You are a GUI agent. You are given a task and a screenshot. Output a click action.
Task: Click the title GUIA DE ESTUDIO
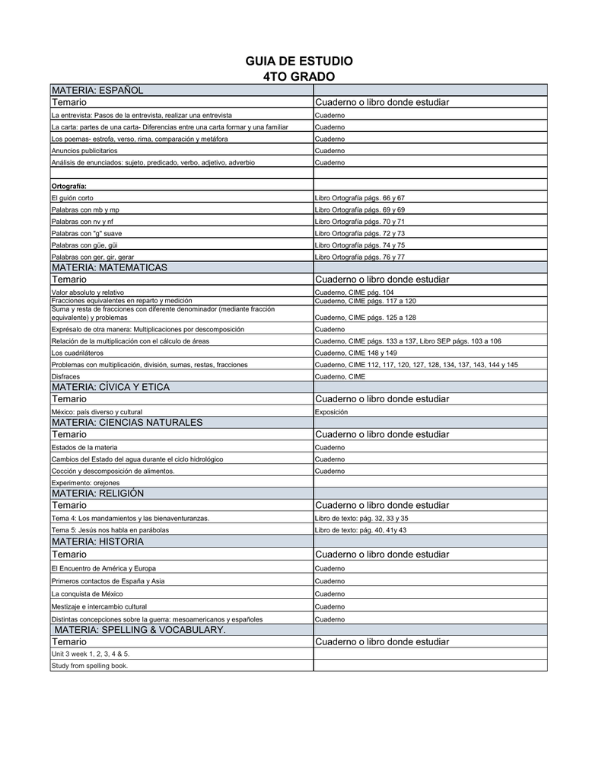pyautogui.click(x=298, y=61)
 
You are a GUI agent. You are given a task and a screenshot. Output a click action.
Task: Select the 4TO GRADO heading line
pyautogui.click(x=298, y=77)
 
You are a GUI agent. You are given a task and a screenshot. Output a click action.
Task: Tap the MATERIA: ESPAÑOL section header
pyautogui.click(x=97, y=91)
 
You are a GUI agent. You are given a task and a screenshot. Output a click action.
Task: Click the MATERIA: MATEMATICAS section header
pyautogui.click(x=109, y=267)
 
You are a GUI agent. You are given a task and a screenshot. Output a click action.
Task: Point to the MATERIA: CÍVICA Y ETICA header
pyautogui.click(x=110, y=387)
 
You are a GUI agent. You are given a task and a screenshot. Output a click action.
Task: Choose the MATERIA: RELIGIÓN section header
pyautogui.click(x=97, y=494)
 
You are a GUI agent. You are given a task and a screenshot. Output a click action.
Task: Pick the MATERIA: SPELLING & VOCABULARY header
pyautogui.click(x=140, y=630)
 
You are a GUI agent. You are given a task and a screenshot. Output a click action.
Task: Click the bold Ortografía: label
pyautogui.click(x=68, y=186)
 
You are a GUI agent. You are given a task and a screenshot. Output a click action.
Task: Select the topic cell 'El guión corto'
pyautogui.click(x=72, y=198)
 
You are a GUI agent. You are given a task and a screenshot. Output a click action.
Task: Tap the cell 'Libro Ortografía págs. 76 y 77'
pyautogui.click(x=359, y=257)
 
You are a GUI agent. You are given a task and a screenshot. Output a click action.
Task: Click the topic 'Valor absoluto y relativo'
pyautogui.click(x=88, y=292)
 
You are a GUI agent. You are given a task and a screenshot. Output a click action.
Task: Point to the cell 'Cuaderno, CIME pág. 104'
pyautogui.click(x=354, y=292)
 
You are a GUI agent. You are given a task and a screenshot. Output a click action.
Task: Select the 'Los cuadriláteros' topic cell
pyautogui.click(x=77, y=353)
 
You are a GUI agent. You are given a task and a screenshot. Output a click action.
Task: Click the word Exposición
pyautogui.click(x=331, y=411)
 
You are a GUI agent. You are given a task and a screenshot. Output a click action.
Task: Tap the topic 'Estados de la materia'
pyautogui.click(x=84, y=447)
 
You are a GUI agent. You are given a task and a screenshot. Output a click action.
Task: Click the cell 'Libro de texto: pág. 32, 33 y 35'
pyautogui.click(x=362, y=518)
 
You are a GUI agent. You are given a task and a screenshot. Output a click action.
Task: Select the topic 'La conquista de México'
pyautogui.click(x=87, y=593)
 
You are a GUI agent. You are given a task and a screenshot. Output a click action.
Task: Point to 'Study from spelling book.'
pyautogui.click(x=90, y=666)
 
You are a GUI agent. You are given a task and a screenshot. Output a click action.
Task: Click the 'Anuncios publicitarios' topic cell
pyautogui.click(x=84, y=151)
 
